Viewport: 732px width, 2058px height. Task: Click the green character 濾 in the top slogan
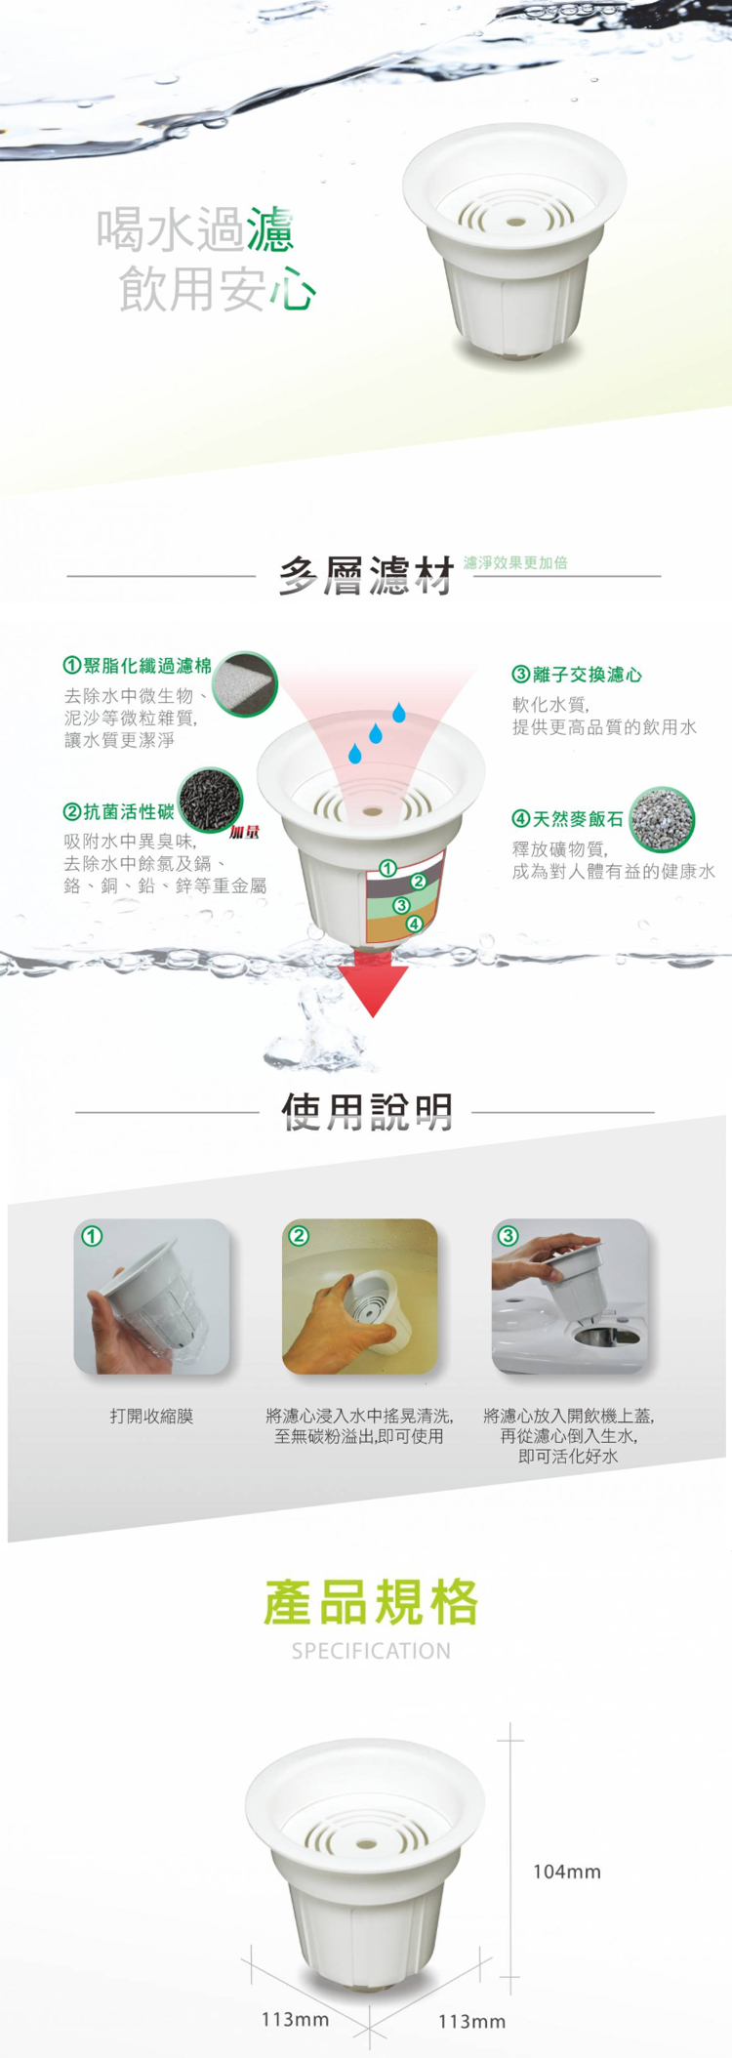(269, 230)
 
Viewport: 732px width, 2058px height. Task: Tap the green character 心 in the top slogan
(293, 289)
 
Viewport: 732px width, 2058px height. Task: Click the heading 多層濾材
(367, 576)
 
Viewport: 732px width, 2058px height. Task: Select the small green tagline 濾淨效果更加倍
(515, 562)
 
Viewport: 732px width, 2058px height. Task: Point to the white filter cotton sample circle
(245, 684)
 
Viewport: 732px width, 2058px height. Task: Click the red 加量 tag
(244, 833)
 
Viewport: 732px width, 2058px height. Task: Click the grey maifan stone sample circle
(662, 818)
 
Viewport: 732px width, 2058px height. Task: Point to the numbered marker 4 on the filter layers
(414, 924)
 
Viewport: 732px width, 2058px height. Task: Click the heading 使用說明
(367, 1111)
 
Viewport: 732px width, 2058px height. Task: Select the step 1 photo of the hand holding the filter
(151, 1297)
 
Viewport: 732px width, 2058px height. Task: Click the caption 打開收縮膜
(151, 1416)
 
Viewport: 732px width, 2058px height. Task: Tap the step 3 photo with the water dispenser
(569, 1297)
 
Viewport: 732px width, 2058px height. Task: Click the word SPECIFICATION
(371, 1651)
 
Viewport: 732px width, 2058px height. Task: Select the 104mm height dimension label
(567, 1872)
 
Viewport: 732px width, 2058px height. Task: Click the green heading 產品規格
(371, 1602)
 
